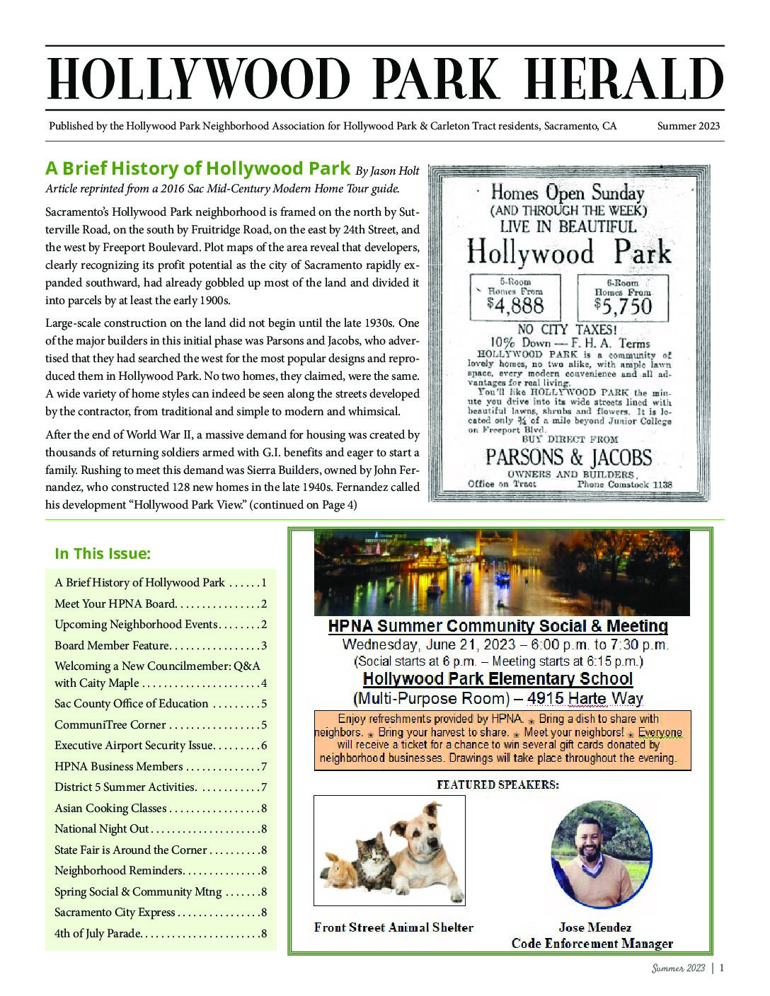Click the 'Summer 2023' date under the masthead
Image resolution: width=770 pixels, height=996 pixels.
coord(688,127)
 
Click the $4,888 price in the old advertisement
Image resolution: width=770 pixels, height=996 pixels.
coord(515,305)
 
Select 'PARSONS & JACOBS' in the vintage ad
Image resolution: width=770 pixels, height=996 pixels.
coord(569,457)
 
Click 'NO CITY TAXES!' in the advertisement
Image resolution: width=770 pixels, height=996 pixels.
coord(569,329)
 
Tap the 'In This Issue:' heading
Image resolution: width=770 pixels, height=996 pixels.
coord(103,553)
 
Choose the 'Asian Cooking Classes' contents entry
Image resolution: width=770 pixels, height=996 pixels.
coord(111,808)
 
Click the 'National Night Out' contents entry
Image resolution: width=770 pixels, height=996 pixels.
coord(102,828)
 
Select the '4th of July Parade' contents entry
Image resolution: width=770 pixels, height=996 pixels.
coord(98,933)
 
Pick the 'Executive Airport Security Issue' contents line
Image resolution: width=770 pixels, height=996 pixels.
coord(134,745)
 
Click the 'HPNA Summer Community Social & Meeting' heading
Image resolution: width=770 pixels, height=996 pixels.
coord(498,626)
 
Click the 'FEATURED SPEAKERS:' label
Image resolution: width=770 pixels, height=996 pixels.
coord(498,784)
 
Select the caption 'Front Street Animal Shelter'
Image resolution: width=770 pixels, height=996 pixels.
coord(393,927)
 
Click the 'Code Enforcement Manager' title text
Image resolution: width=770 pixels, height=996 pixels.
coord(592,943)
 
